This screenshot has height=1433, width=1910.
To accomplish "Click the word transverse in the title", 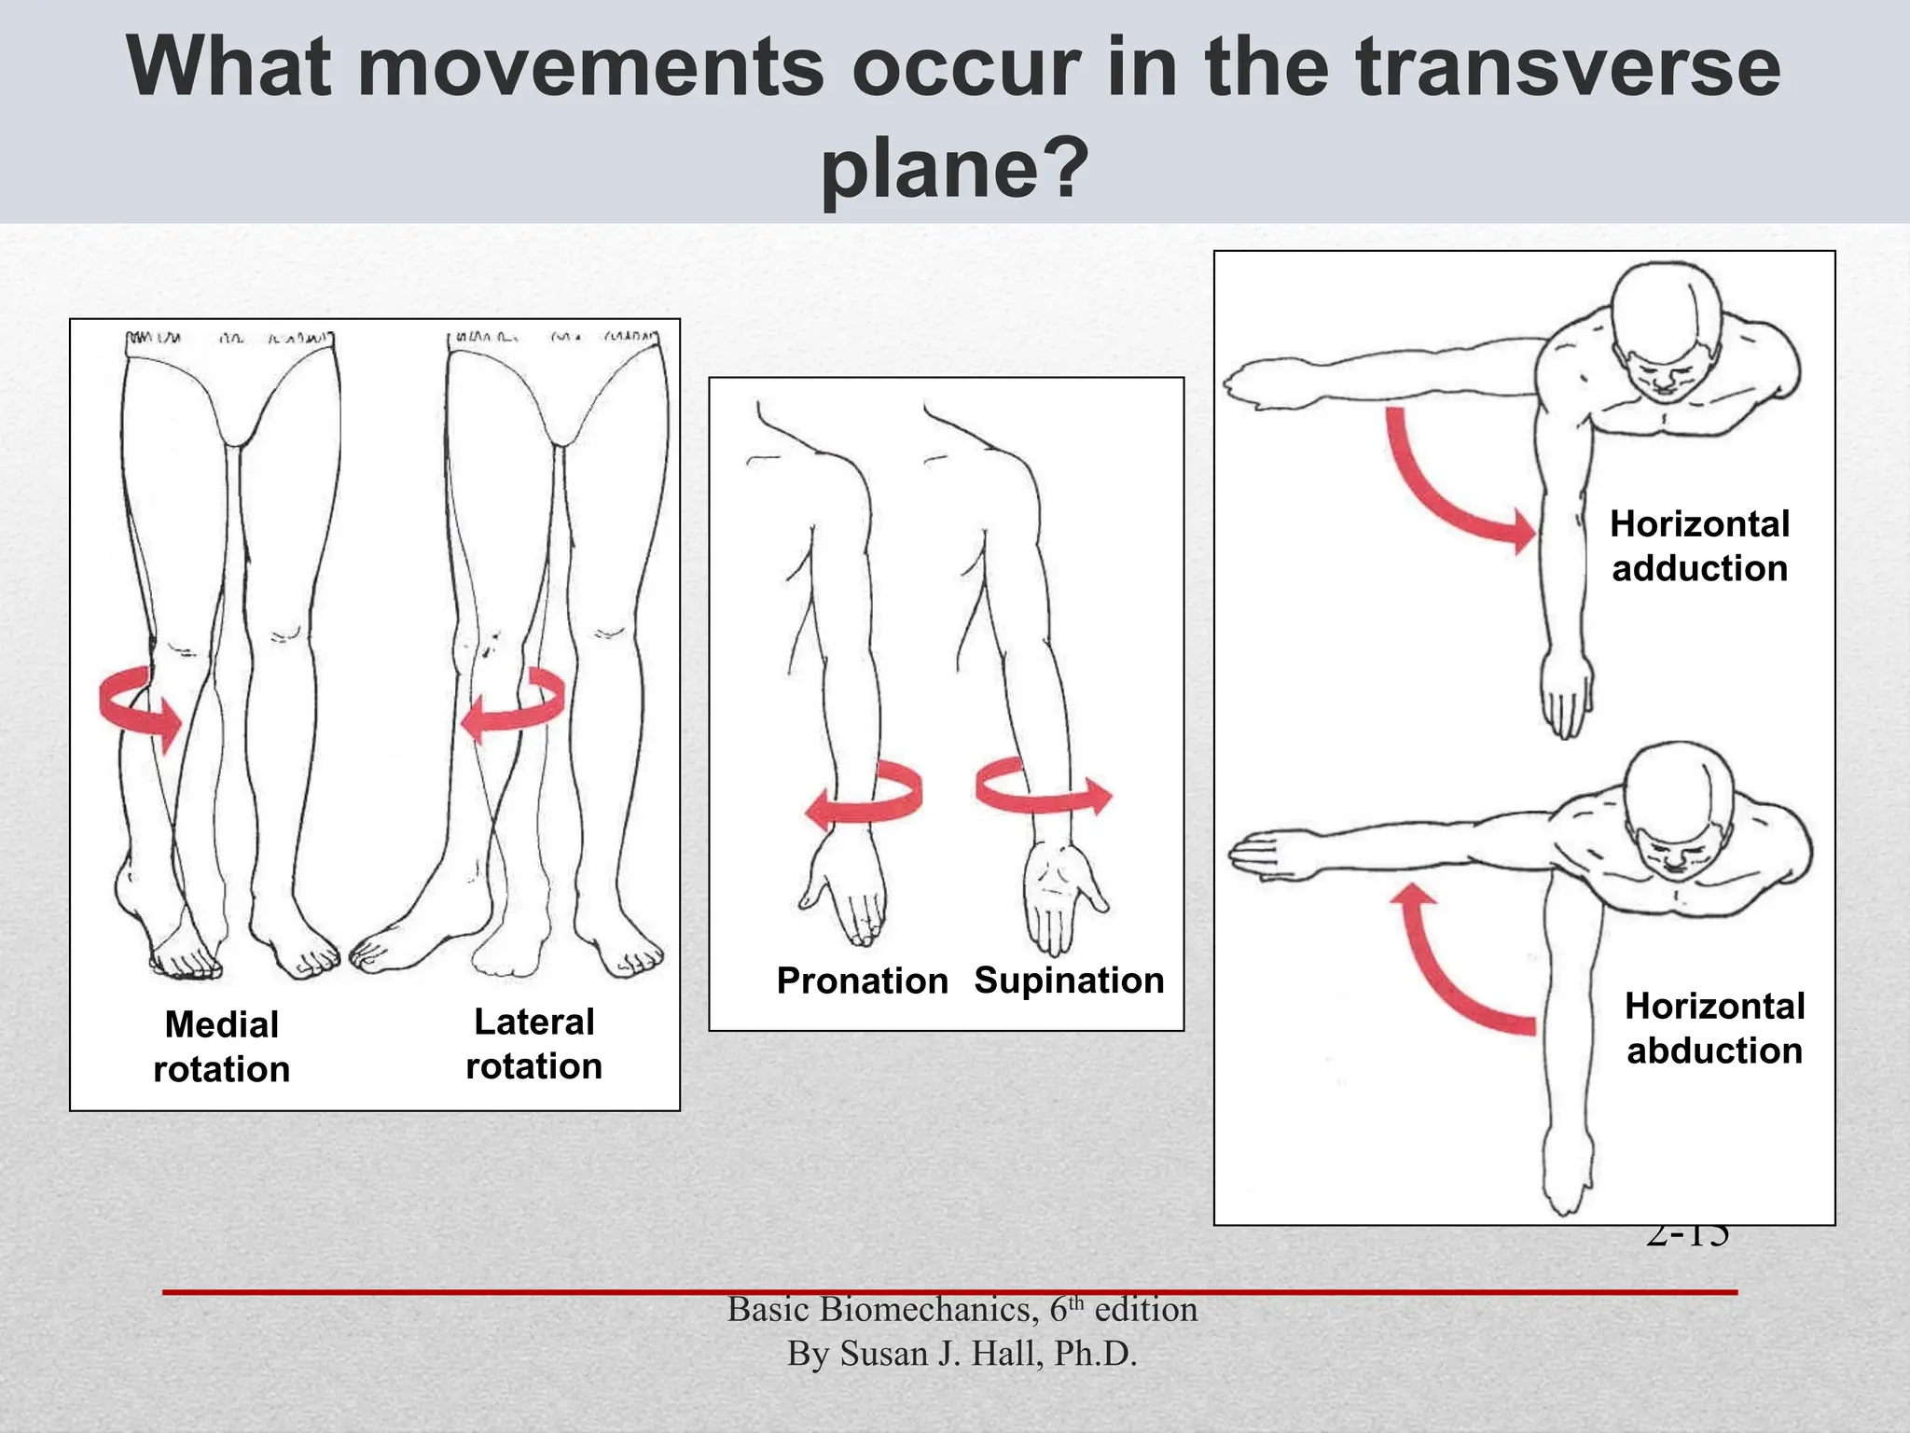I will [x=1568, y=67].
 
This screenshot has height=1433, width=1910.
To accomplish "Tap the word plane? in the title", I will [x=954, y=168].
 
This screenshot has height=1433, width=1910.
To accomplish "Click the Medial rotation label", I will [x=222, y=1047].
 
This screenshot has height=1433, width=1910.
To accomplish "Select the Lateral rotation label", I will [x=534, y=1044].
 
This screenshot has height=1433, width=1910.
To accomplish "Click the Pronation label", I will [x=862, y=981].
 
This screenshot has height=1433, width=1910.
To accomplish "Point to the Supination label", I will [x=1069, y=981].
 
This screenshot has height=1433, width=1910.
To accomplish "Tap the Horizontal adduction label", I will [x=1699, y=546].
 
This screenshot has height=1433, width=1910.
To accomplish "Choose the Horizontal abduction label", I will [x=1714, y=1028].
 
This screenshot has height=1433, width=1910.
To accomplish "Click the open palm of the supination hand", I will [x=1059, y=886].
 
